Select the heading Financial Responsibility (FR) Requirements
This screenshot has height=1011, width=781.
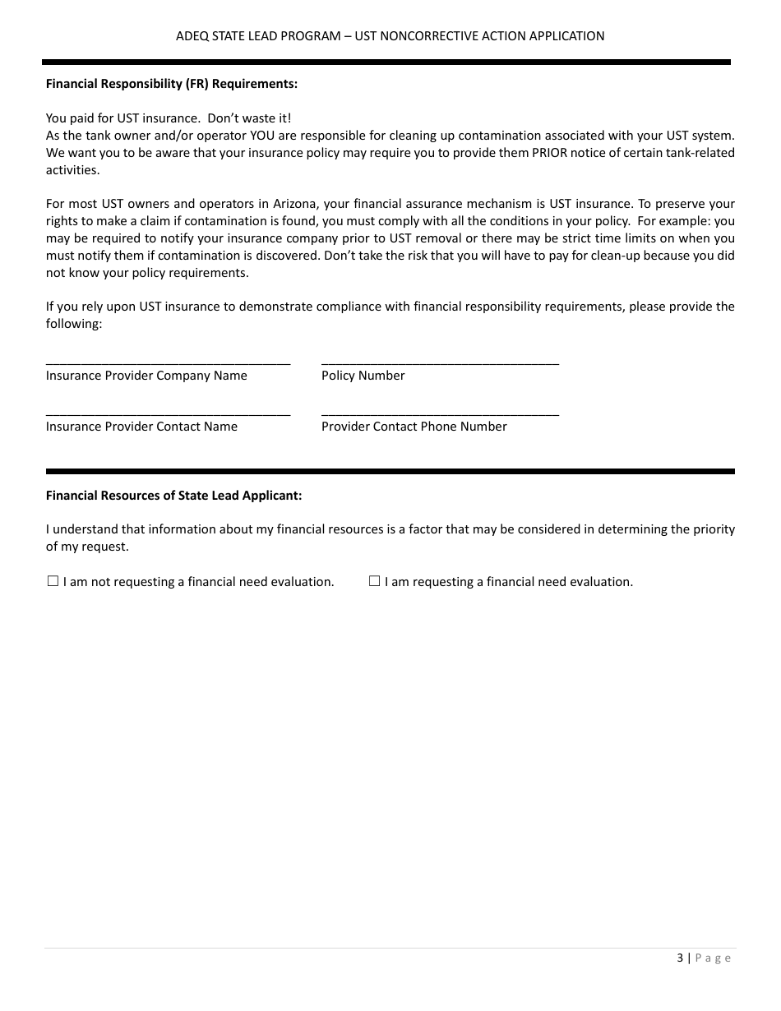click(171, 84)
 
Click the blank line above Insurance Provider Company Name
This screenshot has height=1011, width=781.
click(168, 361)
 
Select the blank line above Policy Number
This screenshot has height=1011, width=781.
click(440, 361)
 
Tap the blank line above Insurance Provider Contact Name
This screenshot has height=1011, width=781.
click(168, 412)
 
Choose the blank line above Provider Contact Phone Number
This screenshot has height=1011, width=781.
click(440, 412)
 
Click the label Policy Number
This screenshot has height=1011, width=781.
click(363, 376)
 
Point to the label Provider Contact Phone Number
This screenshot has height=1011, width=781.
click(414, 427)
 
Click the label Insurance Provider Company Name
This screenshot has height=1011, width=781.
click(146, 376)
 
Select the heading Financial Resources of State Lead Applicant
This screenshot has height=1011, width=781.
click(173, 496)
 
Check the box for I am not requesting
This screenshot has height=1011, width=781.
click(53, 581)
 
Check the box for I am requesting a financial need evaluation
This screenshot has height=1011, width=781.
click(374, 581)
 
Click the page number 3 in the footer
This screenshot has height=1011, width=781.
click(680, 958)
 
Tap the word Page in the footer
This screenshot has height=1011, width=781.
click(713, 958)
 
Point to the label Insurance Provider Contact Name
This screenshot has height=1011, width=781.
click(141, 427)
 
